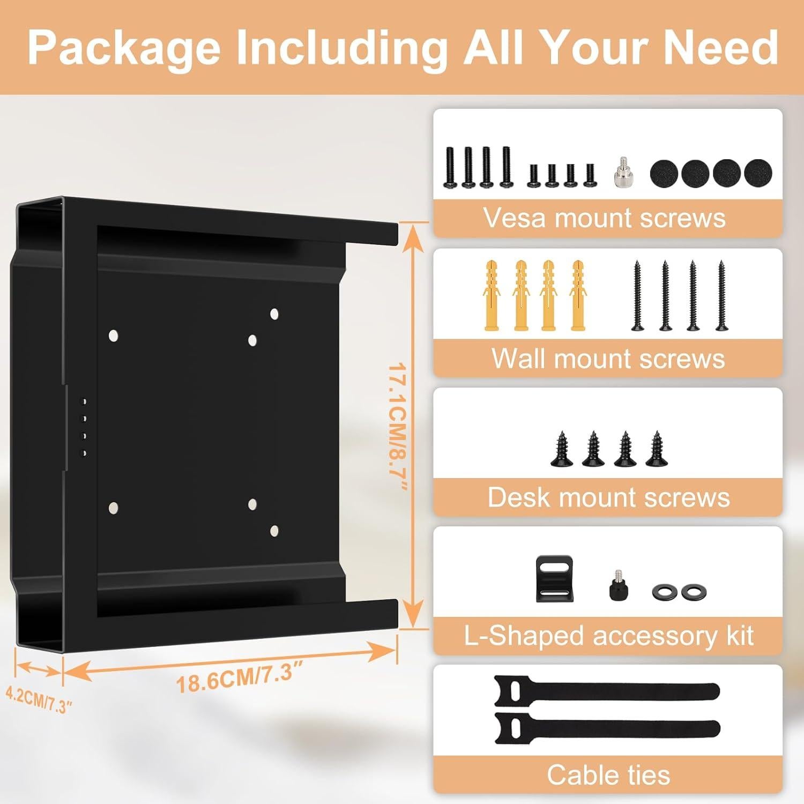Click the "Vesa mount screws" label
coord(604,218)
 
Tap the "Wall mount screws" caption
coord(608,358)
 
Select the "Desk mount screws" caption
coord(608,497)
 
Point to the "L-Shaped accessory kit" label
coord(608,636)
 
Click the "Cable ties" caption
coord(608,775)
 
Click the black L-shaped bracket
coord(555,579)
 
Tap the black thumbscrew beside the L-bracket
coord(619,586)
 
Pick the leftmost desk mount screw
coord(561,449)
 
